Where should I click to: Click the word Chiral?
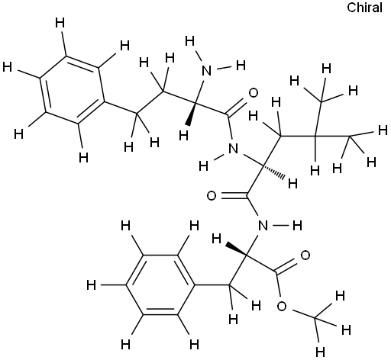(x=364, y=8)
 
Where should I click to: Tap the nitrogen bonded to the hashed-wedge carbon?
(x=233, y=148)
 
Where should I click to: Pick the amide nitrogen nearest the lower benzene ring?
(x=263, y=225)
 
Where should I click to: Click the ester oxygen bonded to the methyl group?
(x=282, y=307)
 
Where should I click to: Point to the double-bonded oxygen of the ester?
(x=305, y=256)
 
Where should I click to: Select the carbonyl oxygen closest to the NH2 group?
(x=253, y=93)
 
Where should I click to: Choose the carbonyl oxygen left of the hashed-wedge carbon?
(x=212, y=196)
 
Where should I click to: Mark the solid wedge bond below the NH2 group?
(x=192, y=114)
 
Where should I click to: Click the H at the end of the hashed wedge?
(x=292, y=183)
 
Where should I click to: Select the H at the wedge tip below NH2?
(x=183, y=136)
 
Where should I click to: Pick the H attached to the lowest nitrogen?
(x=297, y=226)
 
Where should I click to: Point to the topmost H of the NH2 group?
(x=190, y=41)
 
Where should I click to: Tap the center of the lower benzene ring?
(x=160, y=284)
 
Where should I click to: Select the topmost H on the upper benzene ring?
(x=60, y=23)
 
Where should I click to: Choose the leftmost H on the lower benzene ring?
(x=92, y=284)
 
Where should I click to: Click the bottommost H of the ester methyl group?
(x=320, y=352)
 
